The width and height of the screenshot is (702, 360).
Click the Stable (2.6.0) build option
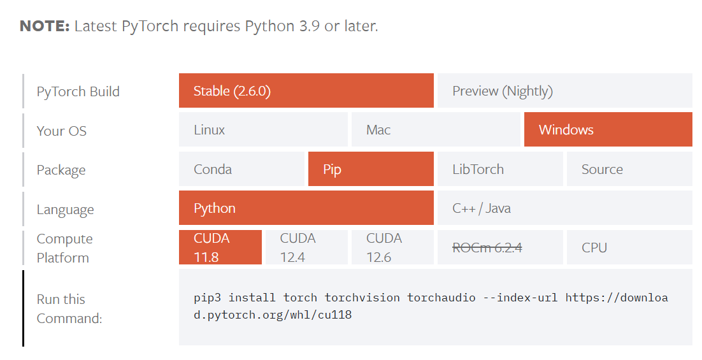[x=306, y=91]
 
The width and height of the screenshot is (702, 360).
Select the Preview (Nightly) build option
[x=564, y=91]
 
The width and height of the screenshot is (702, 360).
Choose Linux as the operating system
[x=263, y=130]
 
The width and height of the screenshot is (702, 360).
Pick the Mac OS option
[x=436, y=130]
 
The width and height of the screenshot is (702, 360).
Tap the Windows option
[x=608, y=130]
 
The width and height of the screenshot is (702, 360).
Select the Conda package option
[x=241, y=169]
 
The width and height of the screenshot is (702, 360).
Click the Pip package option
[x=371, y=169]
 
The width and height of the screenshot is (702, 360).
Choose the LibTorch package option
[x=499, y=169]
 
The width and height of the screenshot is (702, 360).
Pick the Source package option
[x=629, y=169]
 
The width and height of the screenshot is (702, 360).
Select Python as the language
[x=306, y=208]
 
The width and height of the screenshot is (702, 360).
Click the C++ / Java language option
[x=564, y=208]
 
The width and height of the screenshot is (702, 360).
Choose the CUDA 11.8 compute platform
[x=220, y=247]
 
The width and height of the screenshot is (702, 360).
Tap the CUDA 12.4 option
[x=306, y=247]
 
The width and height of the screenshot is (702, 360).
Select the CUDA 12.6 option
[x=392, y=247]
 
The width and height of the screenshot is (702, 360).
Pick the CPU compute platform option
[x=629, y=247]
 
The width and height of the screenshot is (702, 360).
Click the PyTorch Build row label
[x=78, y=92]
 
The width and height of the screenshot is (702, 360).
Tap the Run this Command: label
[x=69, y=308]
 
